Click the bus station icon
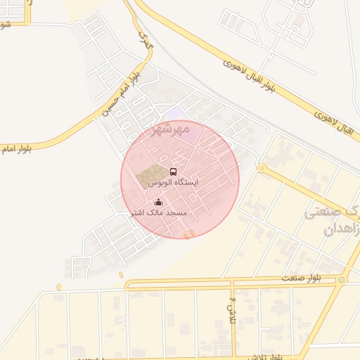173,171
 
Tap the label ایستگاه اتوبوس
173,182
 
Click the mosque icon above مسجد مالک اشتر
157,202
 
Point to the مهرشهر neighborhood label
171,130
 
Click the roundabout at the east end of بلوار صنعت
342,280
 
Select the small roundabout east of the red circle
261,169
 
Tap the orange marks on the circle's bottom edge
188,235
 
